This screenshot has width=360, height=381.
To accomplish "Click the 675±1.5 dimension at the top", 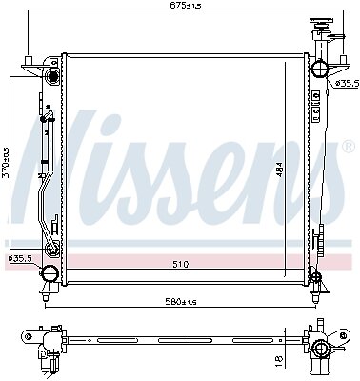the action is (186, 5).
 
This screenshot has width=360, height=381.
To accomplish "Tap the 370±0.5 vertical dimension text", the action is (5, 163).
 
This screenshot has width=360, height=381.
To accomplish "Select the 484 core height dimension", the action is (280, 174).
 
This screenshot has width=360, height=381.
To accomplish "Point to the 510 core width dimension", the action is (181, 264).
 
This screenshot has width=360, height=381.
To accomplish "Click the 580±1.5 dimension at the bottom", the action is (180, 301).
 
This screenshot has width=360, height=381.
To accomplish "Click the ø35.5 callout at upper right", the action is (347, 83).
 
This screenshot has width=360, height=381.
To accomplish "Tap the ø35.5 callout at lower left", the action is (20, 258).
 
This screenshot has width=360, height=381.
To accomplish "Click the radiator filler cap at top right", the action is (321, 25).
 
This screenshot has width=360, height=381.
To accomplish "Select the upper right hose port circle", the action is (319, 69).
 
